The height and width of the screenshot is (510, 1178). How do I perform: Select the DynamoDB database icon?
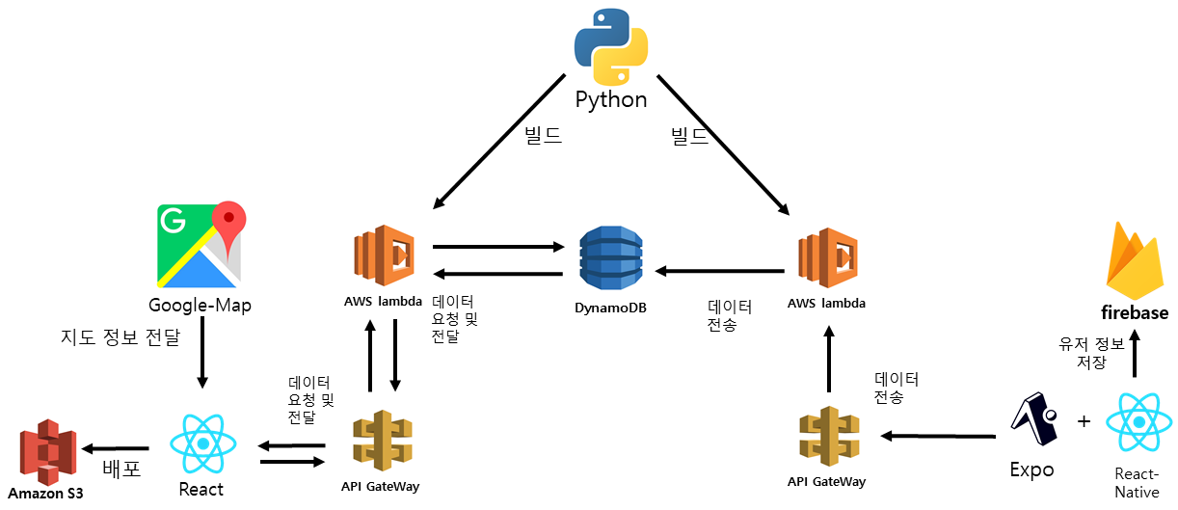click(x=609, y=257)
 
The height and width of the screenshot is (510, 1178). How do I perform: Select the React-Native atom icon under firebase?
click(x=1138, y=423)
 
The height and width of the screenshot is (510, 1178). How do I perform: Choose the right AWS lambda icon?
click(x=826, y=259)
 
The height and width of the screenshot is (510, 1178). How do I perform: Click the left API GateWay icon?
click(x=382, y=440)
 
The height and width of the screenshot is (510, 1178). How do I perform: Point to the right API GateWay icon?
click(x=826, y=438)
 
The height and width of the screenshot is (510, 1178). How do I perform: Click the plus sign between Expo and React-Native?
click(x=1084, y=421)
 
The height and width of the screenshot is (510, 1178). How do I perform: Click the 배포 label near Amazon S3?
click(x=121, y=470)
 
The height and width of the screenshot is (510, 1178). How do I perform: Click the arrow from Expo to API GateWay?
click(x=938, y=436)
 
